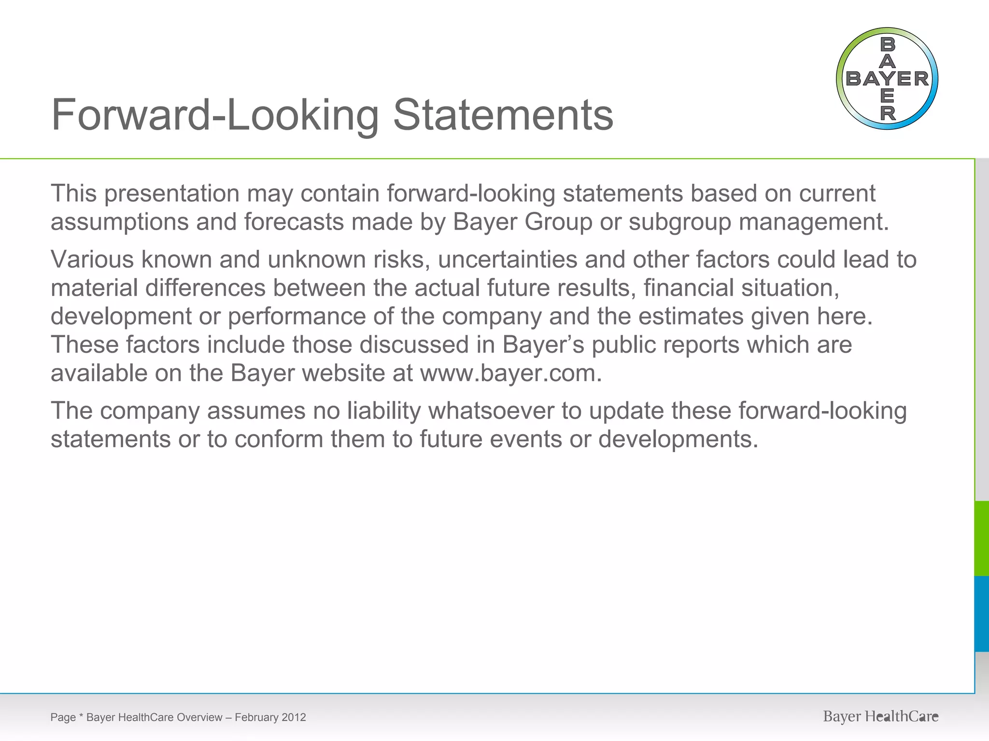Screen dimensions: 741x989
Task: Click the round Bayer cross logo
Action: [x=887, y=79]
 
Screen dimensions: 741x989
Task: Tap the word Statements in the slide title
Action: [x=503, y=115]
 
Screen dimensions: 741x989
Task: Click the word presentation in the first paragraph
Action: [x=172, y=193]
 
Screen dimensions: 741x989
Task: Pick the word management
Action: [x=813, y=222]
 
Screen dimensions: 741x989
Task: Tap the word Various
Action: [x=92, y=260]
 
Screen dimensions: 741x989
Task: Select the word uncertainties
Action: [x=508, y=260]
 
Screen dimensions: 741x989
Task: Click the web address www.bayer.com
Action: [x=511, y=373]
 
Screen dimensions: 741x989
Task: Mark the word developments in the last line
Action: [x=678, y=439]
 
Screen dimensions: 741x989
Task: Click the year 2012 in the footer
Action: [x=294, y=717]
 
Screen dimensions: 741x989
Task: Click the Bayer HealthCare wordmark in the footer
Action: [x=880, y=717]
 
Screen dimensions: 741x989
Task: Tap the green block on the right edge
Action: [x=982, y=538]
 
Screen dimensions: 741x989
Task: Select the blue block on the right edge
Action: [x=982, y=614]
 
